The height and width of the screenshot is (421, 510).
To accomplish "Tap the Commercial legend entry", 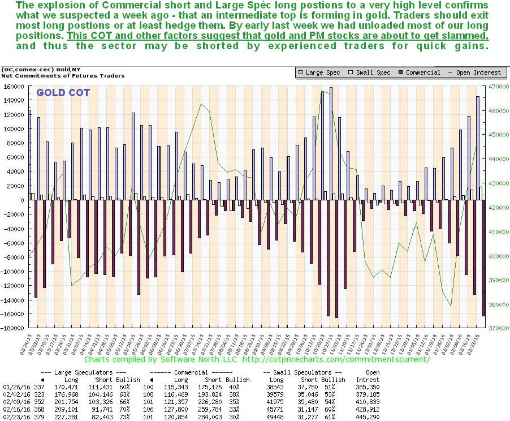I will point(419,72).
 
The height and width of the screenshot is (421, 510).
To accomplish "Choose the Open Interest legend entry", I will point(477,72).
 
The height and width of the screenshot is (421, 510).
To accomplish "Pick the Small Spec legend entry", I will point(371,72).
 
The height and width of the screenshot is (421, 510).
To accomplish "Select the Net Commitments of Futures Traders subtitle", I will point(63,75).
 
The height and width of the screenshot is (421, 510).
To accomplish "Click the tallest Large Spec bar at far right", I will point(477,148).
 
